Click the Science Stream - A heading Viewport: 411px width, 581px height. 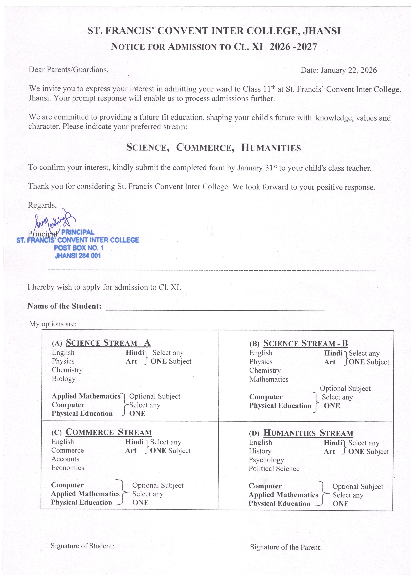108,343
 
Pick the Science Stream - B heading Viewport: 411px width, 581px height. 305,343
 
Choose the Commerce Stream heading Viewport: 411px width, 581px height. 109,432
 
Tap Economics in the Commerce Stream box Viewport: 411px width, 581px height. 68,468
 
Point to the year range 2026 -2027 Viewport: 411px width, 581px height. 293,47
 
